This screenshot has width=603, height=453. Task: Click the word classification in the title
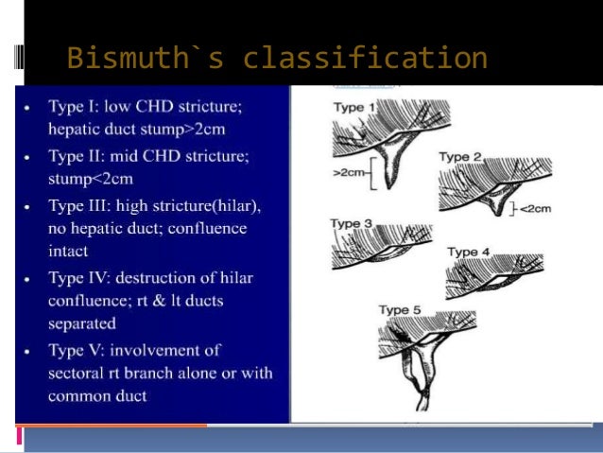point(366,59)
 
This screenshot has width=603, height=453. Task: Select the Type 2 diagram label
point(460,157)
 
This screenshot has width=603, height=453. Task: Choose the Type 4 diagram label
point(470,252)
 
